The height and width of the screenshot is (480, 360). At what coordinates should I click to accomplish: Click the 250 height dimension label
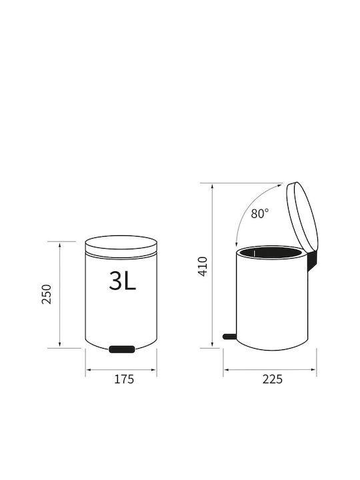click(47, 294)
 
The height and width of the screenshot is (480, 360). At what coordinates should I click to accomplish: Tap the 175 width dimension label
click(124, 379)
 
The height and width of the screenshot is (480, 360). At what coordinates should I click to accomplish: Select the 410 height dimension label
click(203, 266)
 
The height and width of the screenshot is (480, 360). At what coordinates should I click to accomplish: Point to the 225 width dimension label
click(272, 379)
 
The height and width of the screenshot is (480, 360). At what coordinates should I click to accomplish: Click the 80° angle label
click(259, 213)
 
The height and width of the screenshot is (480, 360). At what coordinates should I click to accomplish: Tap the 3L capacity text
click(122, 281)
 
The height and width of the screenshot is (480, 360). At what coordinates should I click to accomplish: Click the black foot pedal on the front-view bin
click(122, 349)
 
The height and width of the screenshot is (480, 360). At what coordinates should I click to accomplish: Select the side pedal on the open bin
click(229, 337)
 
